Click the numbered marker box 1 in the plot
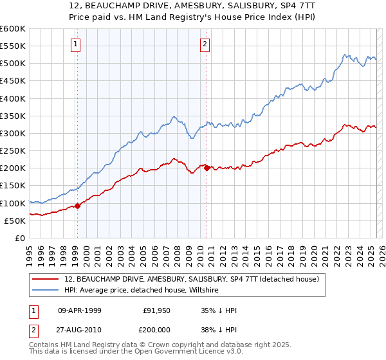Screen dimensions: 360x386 click(x=76, y=44)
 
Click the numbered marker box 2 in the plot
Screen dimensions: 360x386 click(x=205, y=44)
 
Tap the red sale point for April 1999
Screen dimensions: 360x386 click(x=77, y=206)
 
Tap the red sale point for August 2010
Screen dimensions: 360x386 click(x=207, y=168)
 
